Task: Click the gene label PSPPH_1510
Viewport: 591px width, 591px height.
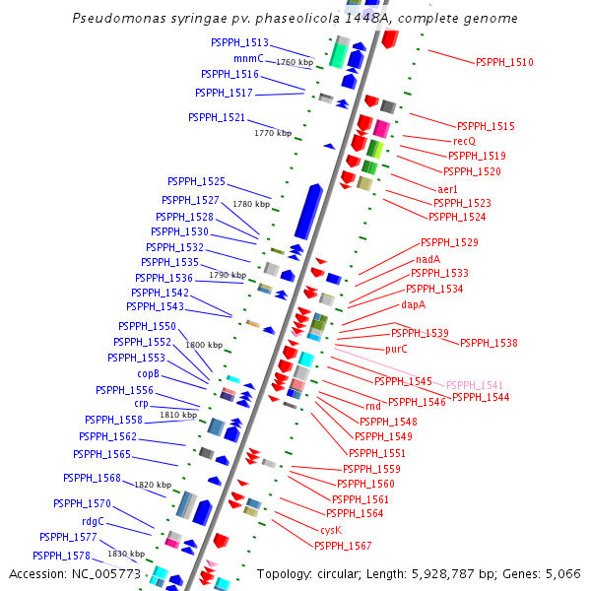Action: (504, 62)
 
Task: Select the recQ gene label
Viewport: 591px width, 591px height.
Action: (464, 141)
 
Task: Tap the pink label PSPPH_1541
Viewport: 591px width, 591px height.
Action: (475, 385)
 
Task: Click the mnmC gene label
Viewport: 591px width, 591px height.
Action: (248, 58)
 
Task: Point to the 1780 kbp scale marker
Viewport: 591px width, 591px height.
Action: (250, 204)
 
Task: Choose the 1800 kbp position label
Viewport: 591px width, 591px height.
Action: (204, 345)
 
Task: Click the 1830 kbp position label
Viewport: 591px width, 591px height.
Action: (126, 554)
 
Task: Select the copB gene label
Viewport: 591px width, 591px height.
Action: (148, 373)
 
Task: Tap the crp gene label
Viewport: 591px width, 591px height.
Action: (141, 404)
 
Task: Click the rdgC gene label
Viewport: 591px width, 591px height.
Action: (93, 521)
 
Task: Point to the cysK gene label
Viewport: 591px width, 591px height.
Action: (330, 529)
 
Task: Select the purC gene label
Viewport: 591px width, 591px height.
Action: (396, 349)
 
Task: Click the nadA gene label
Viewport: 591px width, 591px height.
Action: (427, 259)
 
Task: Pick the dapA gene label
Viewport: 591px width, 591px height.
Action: (413, 304)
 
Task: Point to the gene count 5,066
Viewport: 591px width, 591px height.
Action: (560, 573)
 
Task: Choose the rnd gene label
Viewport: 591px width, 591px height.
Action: (372, 406)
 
